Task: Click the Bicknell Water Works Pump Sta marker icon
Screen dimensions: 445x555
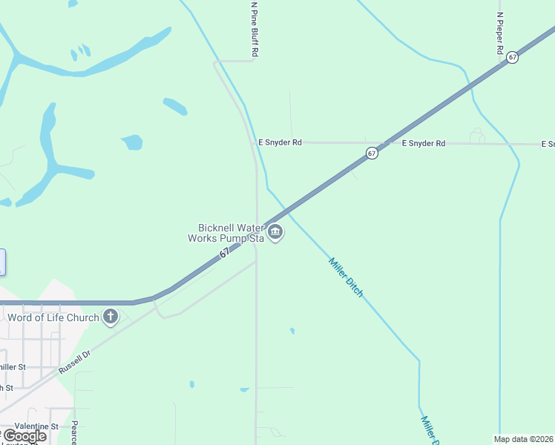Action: click(275, 233)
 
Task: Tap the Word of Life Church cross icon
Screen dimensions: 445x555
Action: click(111, 317)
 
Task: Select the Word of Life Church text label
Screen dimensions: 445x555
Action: click(53, 318)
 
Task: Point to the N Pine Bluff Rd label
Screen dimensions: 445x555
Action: click(254, 30)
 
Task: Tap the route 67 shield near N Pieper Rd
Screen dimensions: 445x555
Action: click(512, 57)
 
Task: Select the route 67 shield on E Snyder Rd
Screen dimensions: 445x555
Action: click(372, 153)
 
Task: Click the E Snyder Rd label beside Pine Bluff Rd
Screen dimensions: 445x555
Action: click(280, 142)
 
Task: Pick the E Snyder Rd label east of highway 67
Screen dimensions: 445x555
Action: click(423, 143)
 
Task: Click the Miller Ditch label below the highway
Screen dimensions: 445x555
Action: click(347, 277)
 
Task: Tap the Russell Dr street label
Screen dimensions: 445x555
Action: click(75, 363)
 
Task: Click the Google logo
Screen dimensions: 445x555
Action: click(24, 436)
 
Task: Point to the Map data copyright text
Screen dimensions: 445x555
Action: click(524, 439)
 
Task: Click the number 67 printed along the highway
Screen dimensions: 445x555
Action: click(225, 253)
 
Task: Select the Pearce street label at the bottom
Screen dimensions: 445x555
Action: click(74, 432)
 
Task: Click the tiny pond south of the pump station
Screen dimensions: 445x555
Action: click(292, 331)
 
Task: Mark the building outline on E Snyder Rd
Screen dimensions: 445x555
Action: click(477, 135)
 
